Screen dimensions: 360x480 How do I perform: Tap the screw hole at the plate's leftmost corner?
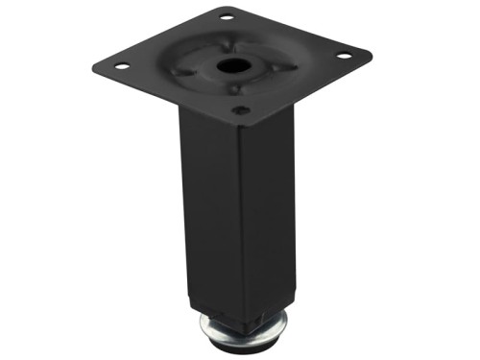122,65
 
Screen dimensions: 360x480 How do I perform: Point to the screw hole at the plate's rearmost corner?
228,16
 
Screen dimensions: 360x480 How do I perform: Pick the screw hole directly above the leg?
242,110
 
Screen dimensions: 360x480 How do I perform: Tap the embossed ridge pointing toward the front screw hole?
235,89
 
